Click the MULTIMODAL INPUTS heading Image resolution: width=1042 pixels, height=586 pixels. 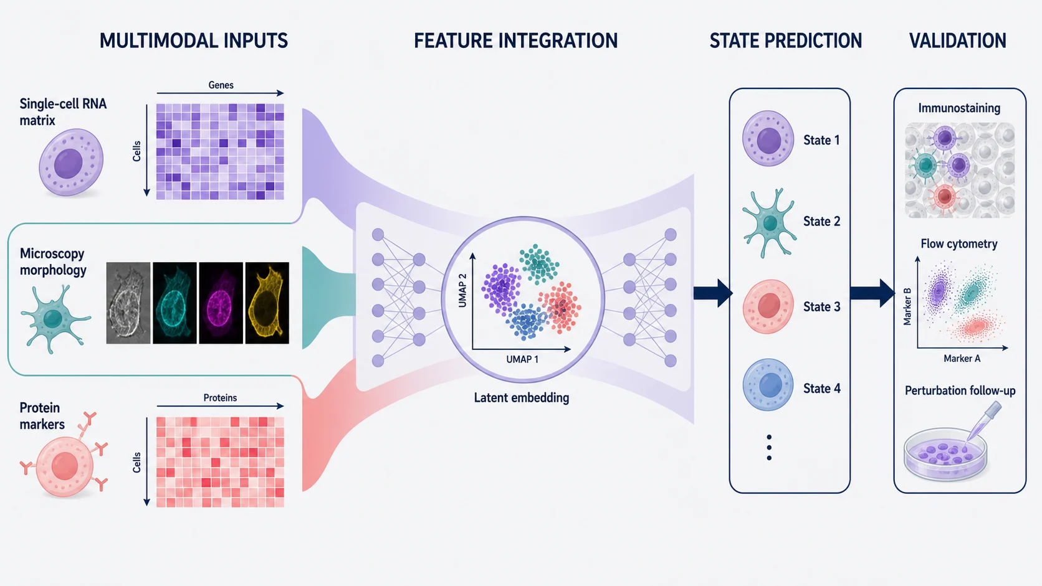(194, 41)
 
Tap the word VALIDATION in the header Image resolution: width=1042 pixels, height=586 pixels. (958, 41)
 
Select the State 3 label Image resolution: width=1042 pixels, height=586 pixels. (821, 307)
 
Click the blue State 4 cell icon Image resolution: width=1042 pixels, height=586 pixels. (768, 384)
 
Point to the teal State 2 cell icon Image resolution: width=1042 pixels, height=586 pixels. (770, 222)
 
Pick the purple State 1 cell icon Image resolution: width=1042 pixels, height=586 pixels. (768, 138)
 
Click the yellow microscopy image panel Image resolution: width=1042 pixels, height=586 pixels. (267, 303)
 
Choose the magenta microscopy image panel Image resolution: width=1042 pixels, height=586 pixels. (221, 303)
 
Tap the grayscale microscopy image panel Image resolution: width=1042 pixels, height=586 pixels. (128, 303)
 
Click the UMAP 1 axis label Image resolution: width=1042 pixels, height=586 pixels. (522, 359)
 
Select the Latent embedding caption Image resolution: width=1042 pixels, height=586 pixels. (522, 398)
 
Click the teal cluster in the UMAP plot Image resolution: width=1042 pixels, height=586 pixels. (538, 264)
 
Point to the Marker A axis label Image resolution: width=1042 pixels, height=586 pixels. (962, 358)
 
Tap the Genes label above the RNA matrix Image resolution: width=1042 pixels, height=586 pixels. (221, 85)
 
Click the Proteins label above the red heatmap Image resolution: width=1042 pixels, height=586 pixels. (220, 398)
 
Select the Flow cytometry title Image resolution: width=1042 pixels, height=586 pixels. (959, 244)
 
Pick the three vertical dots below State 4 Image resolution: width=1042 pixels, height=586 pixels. (769, 448)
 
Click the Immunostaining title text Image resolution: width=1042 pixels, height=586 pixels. (959, 108)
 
